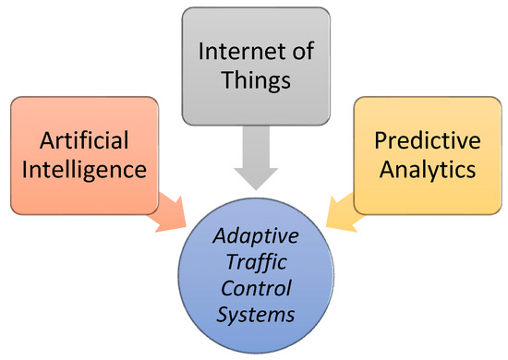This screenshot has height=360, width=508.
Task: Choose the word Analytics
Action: tap(427, 172)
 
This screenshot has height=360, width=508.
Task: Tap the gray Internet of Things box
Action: tap(254, 28)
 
